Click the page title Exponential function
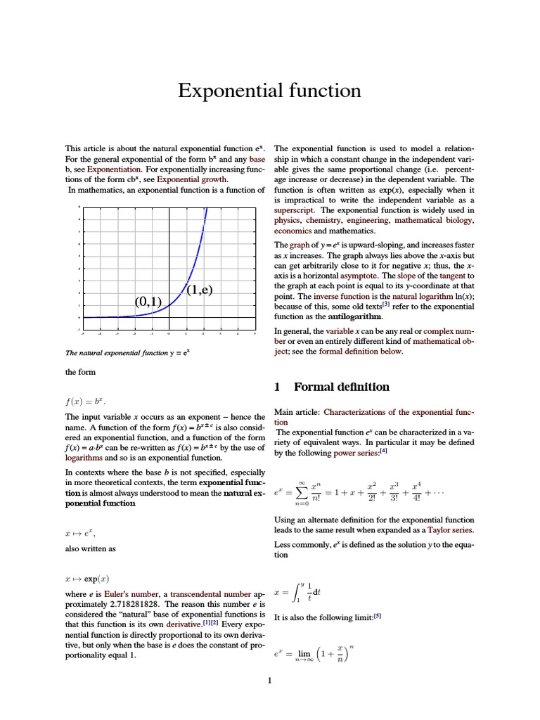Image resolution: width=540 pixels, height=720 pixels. (269, 91)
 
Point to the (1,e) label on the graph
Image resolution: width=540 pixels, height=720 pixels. (200, 289)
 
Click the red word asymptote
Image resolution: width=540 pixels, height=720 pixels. (361, 276)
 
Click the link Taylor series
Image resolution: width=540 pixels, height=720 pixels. (451, 529)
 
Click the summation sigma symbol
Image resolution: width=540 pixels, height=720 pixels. (302, 494)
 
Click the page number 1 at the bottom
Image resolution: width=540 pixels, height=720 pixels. (269, 680)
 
